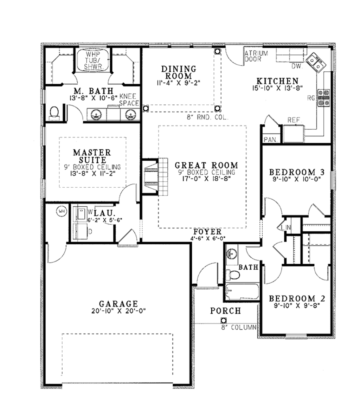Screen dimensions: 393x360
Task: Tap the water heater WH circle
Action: coord(62,211)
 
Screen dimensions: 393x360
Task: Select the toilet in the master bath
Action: coord(54,112)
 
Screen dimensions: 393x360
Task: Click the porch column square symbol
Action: coord(223,320)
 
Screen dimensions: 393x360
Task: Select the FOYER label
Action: coord(208,232)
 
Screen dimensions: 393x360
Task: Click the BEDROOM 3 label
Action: coord(296,172)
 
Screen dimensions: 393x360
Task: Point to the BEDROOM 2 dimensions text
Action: coord(297,306)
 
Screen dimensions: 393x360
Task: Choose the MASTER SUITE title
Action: coord(92,156)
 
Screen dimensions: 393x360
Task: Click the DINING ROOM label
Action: coord(179,72)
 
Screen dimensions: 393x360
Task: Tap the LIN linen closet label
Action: coord(286,228)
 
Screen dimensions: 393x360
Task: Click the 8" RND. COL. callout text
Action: coord(207,118)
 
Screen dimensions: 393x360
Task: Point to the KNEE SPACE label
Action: coord(129,99)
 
